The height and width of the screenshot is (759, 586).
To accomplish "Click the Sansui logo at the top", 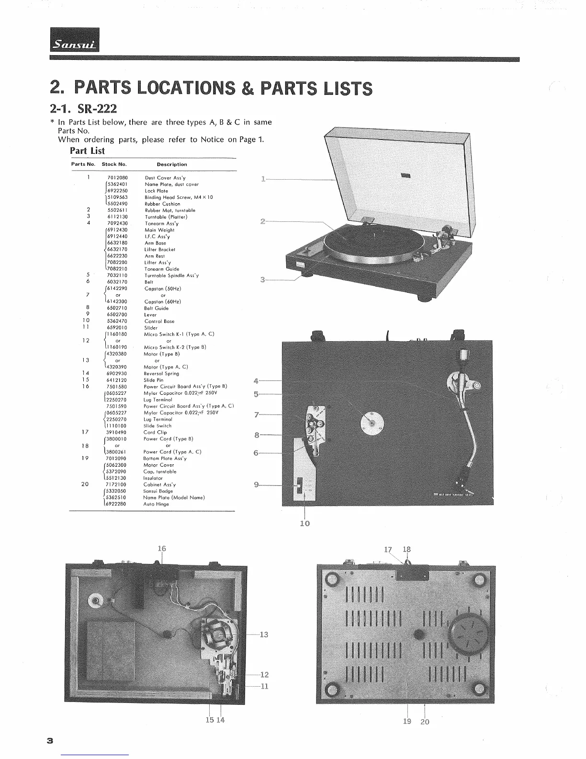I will coord(75,45).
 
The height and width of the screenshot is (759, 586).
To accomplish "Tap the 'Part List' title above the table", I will coord(87,150).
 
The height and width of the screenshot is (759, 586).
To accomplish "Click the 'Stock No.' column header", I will coord(114,164).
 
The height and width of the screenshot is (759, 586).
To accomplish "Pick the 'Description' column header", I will coord(172,164).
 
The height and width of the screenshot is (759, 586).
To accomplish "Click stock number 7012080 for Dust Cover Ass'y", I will coord(117,178).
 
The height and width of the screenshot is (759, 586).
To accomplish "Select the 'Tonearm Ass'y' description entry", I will coord(161,223).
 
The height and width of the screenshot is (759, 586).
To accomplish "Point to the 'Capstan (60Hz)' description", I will coord(162,302).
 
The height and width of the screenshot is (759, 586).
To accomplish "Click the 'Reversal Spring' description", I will coord(161,374).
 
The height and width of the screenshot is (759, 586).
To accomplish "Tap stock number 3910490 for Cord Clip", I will coord(117,432).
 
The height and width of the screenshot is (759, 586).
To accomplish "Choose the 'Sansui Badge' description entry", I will coord(158,491).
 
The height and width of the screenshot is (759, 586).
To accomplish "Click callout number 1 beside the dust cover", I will coord(263,179).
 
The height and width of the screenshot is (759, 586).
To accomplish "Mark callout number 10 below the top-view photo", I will coord(305,523).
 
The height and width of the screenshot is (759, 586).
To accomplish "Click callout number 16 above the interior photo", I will coord(161,549).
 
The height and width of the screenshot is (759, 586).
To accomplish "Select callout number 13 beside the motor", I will coord(264,635).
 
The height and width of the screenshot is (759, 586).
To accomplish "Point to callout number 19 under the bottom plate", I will coord(407,721).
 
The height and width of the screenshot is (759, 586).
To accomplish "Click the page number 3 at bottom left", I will coord(49,740).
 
